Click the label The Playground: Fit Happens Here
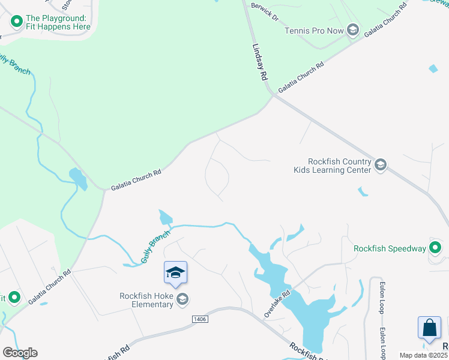click(x=58, y=22)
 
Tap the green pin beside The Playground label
click(x=16, y=22)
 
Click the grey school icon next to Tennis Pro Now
click(x=353, y=30)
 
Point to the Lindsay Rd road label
click(x=259, y=61)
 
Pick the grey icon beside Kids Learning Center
click(x=380, y=165)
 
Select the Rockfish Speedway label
click(x=390, y=248)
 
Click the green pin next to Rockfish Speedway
click(x=436, y=248)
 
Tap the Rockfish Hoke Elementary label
click(x=145, y=300)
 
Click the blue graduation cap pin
click(x=176, y=273)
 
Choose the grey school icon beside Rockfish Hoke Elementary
click(x=182, y=299)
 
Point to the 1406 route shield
click(x=200, y=319)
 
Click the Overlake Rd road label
click(x=277, y=304)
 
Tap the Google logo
click(x=20, y=353)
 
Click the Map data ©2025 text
click(x=423, y=355)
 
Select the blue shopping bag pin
click(x=429, y=328)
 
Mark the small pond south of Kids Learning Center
click(x=363, y=192)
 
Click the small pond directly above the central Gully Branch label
click(x=166, y=217)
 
